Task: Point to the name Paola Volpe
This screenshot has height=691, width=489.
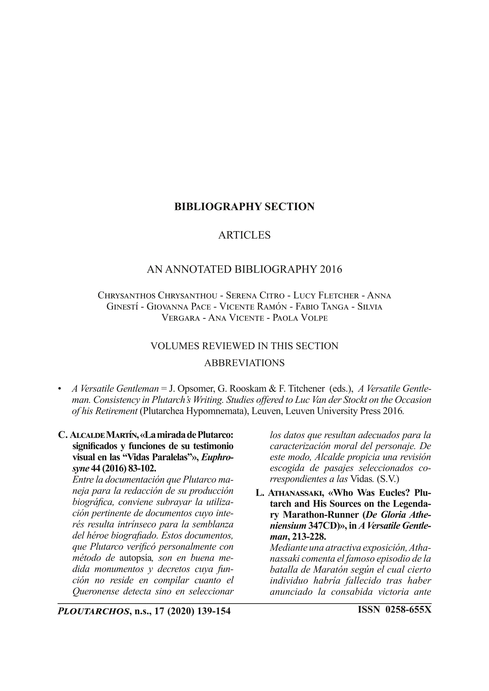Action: click(300, 318)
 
